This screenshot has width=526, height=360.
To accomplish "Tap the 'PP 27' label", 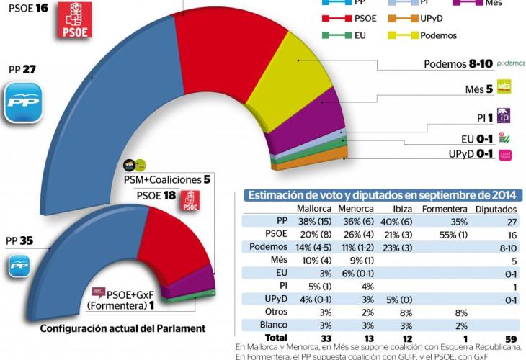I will coord(22,71).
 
